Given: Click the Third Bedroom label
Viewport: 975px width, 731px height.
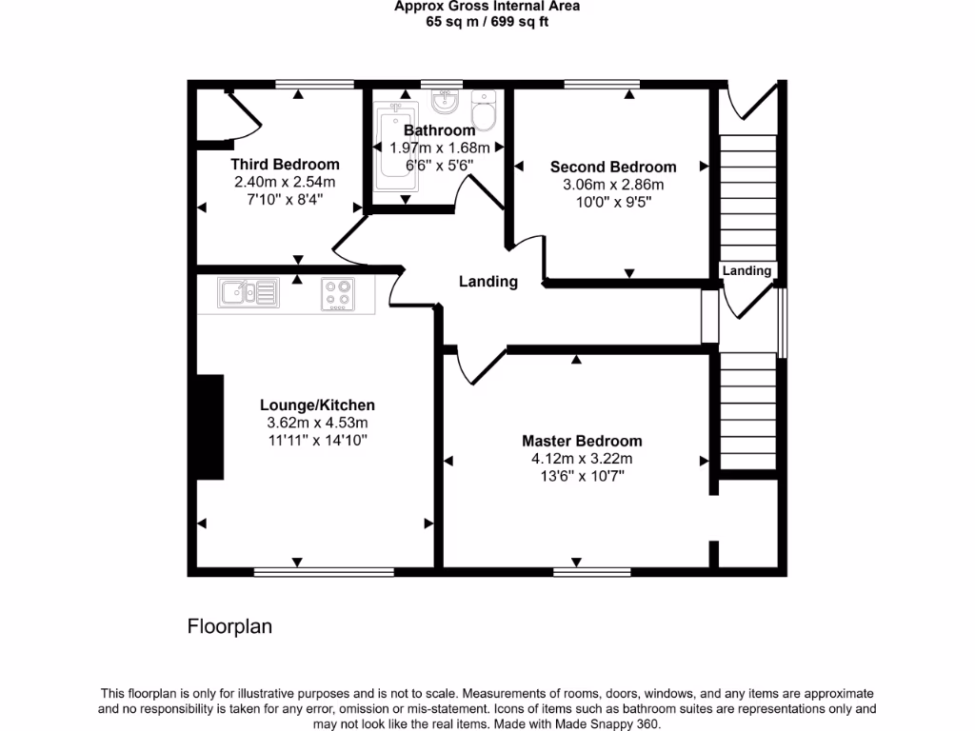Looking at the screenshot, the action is (x=285, y=164).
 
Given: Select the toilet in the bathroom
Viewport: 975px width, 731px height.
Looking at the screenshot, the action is (x=484, y=110).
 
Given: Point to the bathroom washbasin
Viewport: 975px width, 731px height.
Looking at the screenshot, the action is (x=446, y=102).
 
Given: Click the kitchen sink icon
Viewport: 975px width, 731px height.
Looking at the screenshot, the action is (x=249, y=292).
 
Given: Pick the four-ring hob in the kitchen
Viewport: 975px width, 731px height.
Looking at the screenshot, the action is (x=338, y=294).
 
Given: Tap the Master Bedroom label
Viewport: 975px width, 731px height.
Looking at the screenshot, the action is (x=582, y=441).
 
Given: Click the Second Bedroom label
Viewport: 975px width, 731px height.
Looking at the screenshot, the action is (x=613, y=167).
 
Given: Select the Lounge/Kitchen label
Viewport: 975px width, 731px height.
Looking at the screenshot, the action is (x=317, y=405).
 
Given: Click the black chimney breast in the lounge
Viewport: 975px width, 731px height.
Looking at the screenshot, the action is (x=210, y=426).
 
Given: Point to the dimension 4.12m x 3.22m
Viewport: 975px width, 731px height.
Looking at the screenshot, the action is (x=582, y=459).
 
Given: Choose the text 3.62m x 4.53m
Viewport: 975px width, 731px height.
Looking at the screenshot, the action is (x=317, y=423).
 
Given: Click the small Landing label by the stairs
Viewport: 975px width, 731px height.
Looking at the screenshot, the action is (x=746, y=270).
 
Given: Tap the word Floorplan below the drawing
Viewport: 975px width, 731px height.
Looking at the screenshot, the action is (x=229, y=626).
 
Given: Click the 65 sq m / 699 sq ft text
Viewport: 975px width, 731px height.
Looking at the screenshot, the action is (x=487, y=22).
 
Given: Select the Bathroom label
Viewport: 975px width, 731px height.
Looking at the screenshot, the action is (x=440, y=129).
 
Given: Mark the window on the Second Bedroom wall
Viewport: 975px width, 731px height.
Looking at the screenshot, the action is (x=602, y=84).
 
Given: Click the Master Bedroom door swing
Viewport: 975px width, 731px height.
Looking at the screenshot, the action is (x=482, y=366).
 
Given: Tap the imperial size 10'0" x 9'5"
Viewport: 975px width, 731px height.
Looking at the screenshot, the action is (x=613, y=202).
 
